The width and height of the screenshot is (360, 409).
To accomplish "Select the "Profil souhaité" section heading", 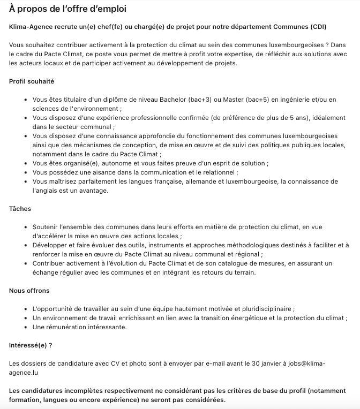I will point(32,81).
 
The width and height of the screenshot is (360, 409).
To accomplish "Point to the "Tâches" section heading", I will point(20,209).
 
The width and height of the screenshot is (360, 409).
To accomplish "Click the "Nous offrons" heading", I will point(29,291).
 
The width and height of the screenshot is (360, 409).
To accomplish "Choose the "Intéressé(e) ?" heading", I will point(31,345).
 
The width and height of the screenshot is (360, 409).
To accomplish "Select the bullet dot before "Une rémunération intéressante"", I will point(26,327).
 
